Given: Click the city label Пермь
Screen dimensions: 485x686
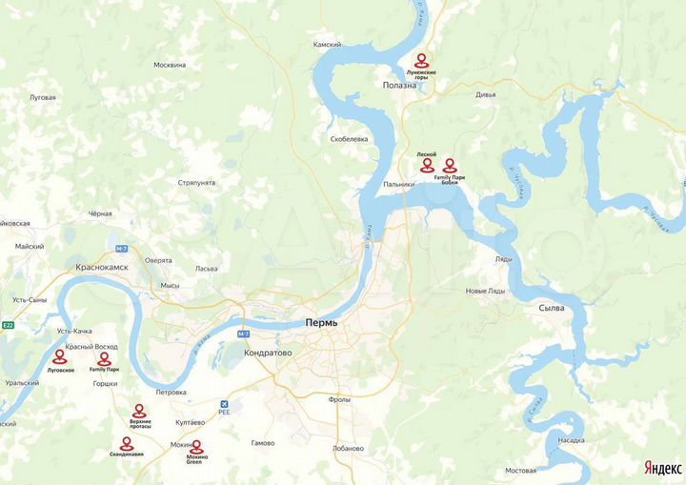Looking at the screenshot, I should [321, 323].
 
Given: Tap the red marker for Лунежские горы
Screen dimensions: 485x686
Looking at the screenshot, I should [420, 60].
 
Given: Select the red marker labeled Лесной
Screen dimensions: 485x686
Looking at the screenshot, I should [426, 164].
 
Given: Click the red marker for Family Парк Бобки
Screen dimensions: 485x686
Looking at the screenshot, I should [450, 165].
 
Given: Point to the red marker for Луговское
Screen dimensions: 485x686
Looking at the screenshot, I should [61, 357].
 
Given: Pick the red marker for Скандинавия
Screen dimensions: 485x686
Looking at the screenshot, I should [126, 444].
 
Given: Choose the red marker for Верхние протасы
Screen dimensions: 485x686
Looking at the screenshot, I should [139, 411].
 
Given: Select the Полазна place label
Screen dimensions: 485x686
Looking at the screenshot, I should [400, 85].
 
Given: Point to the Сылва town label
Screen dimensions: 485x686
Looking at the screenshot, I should [552, 309].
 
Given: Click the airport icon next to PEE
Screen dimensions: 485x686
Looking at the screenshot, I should [224, 402].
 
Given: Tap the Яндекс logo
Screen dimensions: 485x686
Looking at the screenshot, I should [662, 468].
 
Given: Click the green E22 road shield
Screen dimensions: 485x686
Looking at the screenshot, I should [8, 326].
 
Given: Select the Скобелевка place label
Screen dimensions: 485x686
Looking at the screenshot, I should [349, 139].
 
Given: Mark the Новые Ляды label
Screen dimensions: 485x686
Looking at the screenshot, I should [484, 291].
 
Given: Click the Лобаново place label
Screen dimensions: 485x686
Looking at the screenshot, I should [349, 449].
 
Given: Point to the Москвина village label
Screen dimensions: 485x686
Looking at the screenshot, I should [170, 65].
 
